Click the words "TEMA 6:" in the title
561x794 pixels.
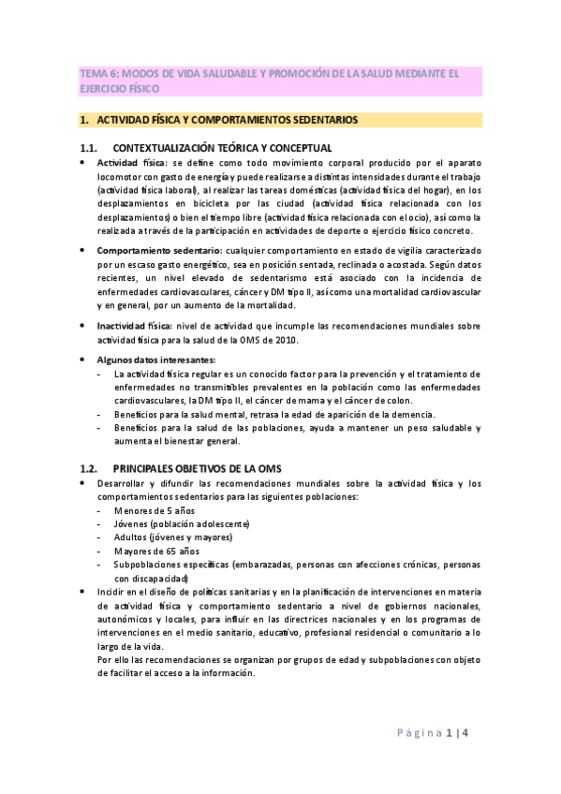[95, 74]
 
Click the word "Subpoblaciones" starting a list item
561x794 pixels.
[151, 565]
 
